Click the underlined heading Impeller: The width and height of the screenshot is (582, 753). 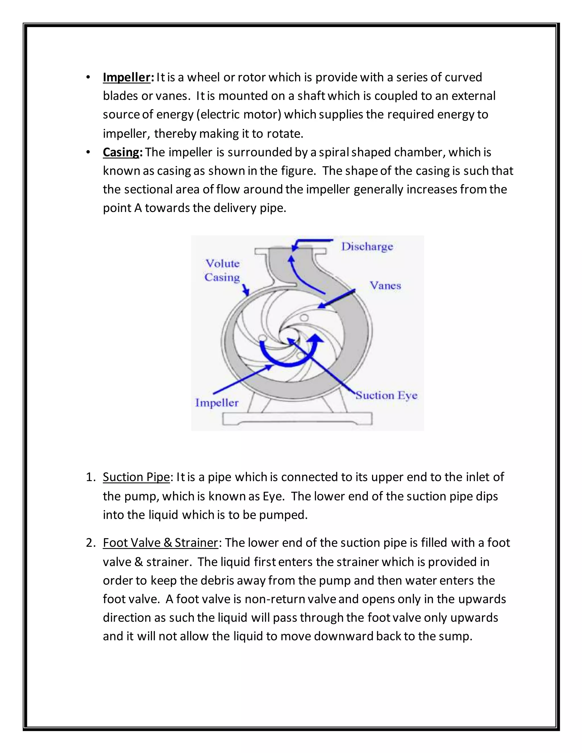coord(126,77)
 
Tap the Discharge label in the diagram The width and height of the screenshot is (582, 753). coord(367,247)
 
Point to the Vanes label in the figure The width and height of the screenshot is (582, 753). coord(385,286)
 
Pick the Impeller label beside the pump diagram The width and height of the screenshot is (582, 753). coord(217,403)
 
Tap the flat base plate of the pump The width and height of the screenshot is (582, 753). coord(297,419)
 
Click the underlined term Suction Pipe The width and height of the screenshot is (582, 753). coord(136,477)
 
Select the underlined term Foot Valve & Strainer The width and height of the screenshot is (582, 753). coord(160,543)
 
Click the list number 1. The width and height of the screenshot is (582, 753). coord(90,477)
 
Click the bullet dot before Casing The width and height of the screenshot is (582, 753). coord(88,152)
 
